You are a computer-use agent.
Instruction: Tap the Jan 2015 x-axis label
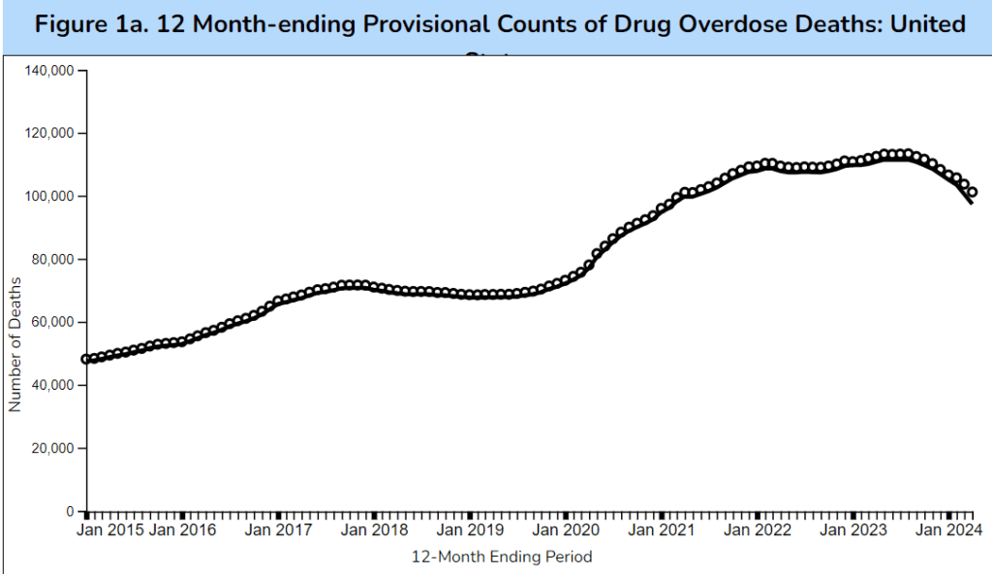pyautogui.click(x=110, y=530)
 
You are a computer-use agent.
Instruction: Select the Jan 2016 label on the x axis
pyautogui.click(x=183, y=530)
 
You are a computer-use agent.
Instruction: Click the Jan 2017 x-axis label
pyautogui.click(x=278, y=530)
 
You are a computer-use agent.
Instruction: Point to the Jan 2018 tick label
pyautogui.click(x=374, y=530)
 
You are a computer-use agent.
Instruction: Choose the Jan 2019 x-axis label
pyautogui.click(x=470, y=530)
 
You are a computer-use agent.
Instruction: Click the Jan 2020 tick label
pyautogui.click(x=566, y=530)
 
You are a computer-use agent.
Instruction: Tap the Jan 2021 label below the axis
pyautogui.click(x=662, y=530)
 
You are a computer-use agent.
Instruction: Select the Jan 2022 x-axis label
pyautogui.click(x=758, y=530)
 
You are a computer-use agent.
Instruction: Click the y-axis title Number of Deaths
pyautogui.click(x=15, y=342)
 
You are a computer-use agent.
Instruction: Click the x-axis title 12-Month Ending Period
pyautogui.click(x=502, y=557)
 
